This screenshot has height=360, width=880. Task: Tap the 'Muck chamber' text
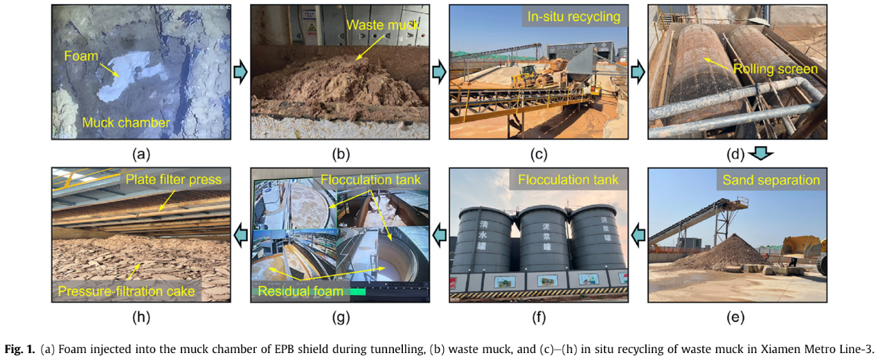coord(127,123)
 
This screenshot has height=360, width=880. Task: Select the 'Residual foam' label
coord(300,291)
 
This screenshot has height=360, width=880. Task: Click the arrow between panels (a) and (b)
coord(240,72)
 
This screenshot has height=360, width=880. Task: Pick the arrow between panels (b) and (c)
coord(438,72)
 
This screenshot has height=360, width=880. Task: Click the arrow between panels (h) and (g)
coord(240,235)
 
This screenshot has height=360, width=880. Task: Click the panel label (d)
coord(735,154)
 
